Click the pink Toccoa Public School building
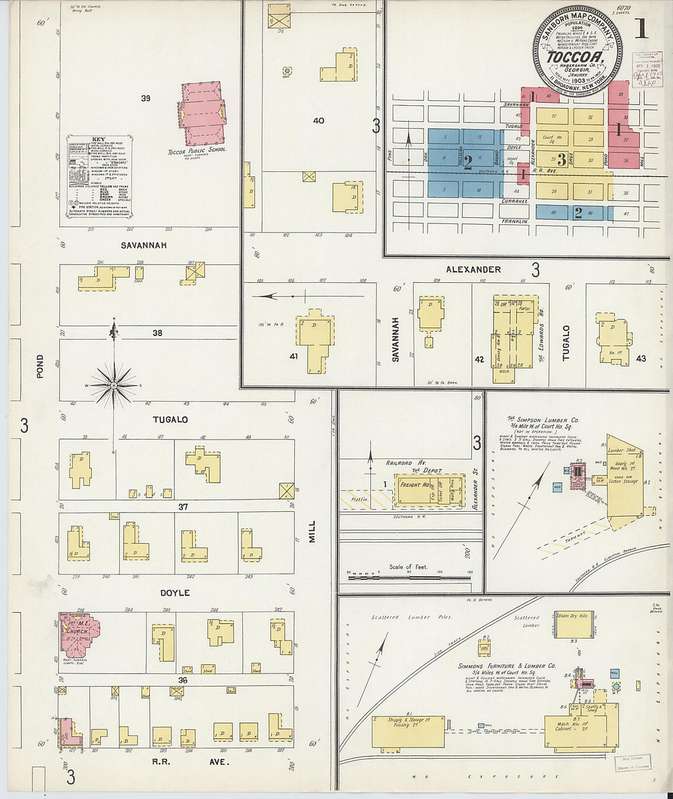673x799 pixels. tap(203, 114)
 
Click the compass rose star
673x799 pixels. tap(114, 385)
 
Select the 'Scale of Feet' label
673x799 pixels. tap(408, 567)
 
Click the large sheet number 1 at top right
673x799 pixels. tap(641, 29)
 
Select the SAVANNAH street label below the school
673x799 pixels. tap(144, 246)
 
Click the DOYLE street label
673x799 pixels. tap(175, 593)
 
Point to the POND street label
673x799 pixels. tap(40, 366)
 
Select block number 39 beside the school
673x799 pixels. tap(145, 98)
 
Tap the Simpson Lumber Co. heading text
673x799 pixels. tap(543, 421)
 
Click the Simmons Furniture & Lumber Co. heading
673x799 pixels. tap(507, 666)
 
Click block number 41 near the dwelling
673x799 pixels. tap(294, 355)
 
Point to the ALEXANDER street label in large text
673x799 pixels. tap(473, 269)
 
